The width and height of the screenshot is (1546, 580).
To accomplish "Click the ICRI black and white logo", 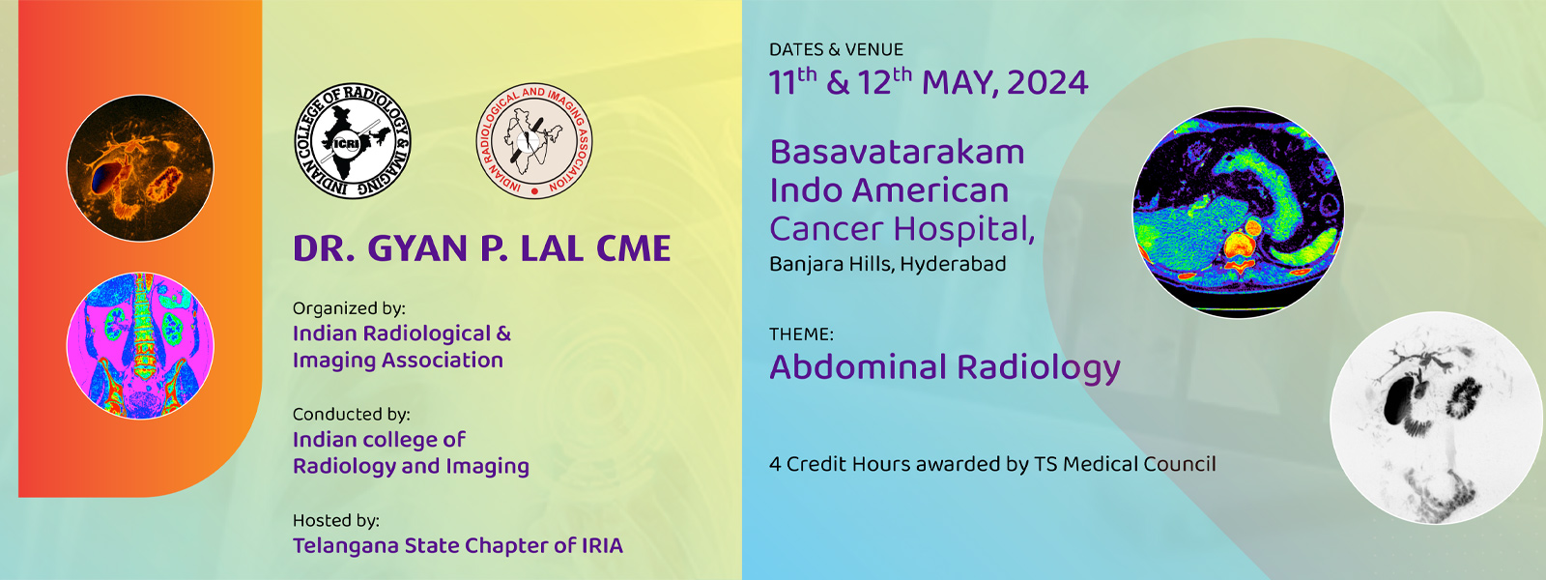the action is coord(353,141).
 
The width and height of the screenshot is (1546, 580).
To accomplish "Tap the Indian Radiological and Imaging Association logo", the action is coord(534,141).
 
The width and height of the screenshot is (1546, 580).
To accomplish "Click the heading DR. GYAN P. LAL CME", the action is coord(482,248).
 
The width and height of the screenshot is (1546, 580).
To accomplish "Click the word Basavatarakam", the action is coord(898,152).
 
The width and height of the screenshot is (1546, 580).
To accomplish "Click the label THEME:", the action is coord(801,334).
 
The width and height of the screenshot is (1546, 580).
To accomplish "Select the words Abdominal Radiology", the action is coord(945,367).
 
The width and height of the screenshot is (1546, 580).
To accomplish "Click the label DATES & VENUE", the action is coord(836,49).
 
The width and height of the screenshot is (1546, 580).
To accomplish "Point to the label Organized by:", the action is coord(349,308).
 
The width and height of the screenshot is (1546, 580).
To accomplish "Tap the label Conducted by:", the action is coord(352,415).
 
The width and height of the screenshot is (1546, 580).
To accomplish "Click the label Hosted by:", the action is coord(336,521).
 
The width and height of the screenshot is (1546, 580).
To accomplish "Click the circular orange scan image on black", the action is coord(140,168).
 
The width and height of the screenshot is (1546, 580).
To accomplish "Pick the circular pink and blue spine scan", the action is coord(140,345).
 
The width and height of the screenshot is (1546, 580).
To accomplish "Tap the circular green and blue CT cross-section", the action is coord(1238,213).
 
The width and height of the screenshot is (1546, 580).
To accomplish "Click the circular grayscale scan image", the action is coord(1436,418).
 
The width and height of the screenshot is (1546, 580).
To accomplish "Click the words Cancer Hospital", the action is coord(902,229).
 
